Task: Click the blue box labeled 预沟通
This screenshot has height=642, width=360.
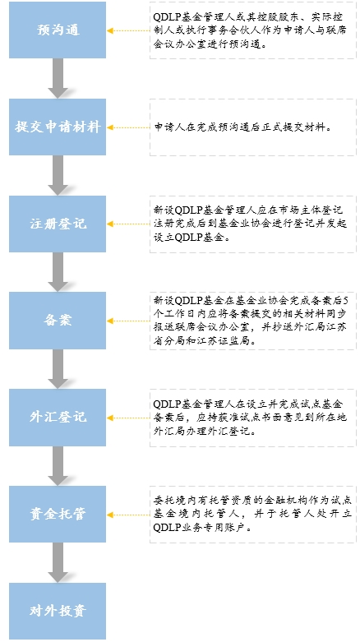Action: pyautogui.click(x=58, y=30)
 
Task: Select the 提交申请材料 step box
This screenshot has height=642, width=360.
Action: pyautogui.click(x=58, y=127)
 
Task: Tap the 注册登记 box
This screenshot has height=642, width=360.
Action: pyautogui.click(x=58, y=224)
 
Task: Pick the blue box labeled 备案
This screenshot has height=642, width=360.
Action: pyautogui.click(x=58, y=321)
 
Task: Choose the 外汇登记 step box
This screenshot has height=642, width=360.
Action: pyautogui.click(x=58, y=418)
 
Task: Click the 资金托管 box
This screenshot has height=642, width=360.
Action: pyautogui.click(x=58, y=515)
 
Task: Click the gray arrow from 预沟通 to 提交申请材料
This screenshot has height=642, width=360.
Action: pyautogui.click(x=58, y=78)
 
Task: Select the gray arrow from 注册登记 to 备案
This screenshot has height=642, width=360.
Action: pyautogui.click(x=58, y=272)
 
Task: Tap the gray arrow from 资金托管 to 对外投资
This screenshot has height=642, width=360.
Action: pyautogui.click(x=58, y=562)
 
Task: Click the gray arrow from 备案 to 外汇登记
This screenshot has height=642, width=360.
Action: pyautogui.click(x=58, y=369)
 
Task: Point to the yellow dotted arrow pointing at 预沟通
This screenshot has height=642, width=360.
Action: pyautogui.click(x=128, y=30)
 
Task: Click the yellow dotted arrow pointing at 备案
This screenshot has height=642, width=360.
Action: pyautogui.click(x=128, y=321)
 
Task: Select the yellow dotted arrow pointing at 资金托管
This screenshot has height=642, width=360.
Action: pyautogui.click(x=128, y=515)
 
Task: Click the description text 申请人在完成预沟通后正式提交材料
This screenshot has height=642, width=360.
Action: pyautogui.click(x=242, y=127)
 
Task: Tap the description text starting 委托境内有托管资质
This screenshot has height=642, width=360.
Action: pyautogui.click(x=250, y=514)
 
